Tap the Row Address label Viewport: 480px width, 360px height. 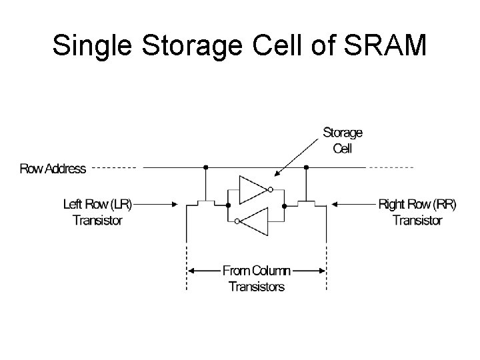coord(53,168)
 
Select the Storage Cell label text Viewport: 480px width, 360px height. coord(342,140)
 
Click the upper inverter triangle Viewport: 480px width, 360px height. coord(253,189)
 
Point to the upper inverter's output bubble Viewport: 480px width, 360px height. coord(269,190)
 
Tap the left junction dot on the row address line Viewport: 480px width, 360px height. coord(207,167)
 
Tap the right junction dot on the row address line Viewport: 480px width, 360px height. coord(307,167)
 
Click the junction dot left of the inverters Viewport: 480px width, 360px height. coord(228,204)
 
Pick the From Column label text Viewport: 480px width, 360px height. coord(257,271)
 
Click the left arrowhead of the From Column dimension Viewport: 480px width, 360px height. coord(192,271)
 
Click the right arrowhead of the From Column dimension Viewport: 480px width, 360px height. coord(322,271)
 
